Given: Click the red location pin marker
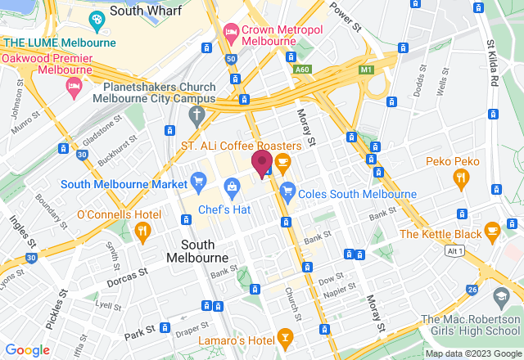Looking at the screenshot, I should click(x=262, y=162).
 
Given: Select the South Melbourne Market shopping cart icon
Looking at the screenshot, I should click(x=197, y=179).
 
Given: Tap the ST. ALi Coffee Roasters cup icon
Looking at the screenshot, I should click(x=283, y=164).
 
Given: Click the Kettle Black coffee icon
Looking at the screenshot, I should click(x=491, y=230).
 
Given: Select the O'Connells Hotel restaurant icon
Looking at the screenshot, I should click(x=142, y=233).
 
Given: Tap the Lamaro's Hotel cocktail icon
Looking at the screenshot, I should click(x=284, y=335).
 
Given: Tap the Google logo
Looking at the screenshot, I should click(x=26, y=349).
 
